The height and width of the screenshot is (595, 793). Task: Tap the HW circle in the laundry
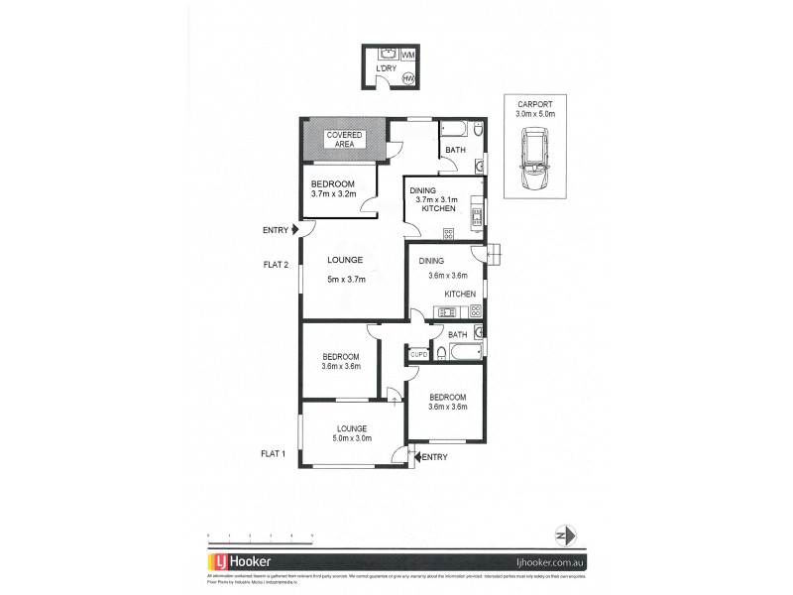[x=407, y=79]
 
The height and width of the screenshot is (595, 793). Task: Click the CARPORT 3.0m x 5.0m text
[x=536, y=109]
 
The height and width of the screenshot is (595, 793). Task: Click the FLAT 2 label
[x=275, y=264]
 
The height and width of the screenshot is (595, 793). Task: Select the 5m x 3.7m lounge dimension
[x=347, y=280]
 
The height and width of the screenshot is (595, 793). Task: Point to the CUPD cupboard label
[x=418, y=353]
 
